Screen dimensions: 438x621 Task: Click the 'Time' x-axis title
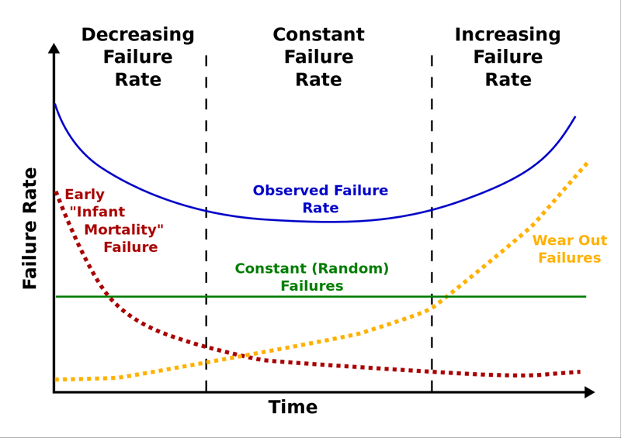[x=293, y=408]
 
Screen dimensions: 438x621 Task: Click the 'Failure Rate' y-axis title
[x=30, y=229]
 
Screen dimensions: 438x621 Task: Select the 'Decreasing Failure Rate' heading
[x=137, y=57]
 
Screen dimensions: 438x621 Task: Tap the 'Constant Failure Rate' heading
[x=318, y=57]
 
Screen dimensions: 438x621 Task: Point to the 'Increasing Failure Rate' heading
[x=508, y=57]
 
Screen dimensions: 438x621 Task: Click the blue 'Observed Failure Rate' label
[x=320, y=199]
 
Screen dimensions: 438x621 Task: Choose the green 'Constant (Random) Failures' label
[x=311, y=278]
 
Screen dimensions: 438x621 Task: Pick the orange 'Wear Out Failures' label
[x=569, y=250]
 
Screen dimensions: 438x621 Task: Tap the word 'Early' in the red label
[x=85, y=195]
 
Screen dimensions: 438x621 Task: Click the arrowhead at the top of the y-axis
[x=54, y=48]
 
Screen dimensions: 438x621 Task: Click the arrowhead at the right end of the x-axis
[x=589, y=392]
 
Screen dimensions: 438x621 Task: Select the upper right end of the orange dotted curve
[x=586, y=164]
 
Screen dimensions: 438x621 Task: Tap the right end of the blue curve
[x=575, y=117]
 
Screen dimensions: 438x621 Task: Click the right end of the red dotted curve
[x=579, y=372]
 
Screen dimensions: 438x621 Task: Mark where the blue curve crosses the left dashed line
[x=206, y=210]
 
